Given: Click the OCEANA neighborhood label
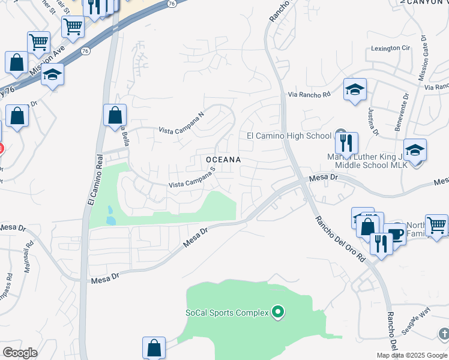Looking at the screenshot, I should coord(223,160).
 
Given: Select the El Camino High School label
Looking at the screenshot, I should coord(289,136).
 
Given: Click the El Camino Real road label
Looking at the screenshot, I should coord(92,180).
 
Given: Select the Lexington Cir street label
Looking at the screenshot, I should coord(390,48).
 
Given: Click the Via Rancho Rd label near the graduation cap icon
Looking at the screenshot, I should coord(309,95).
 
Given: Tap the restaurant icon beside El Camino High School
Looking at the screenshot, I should coord(346,143).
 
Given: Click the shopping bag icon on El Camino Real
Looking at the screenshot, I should coord(115,115).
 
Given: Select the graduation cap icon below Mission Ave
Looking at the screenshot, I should coord(53,75).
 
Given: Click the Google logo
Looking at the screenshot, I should coord(20,353).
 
